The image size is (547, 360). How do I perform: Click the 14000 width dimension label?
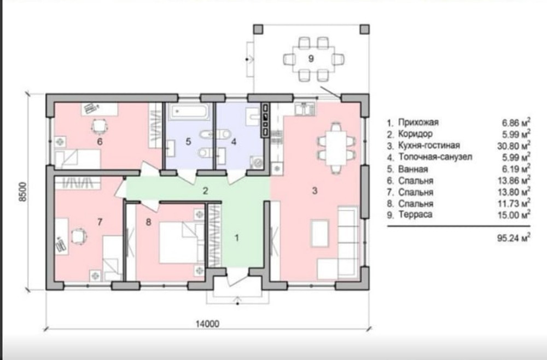[x=207, y=324]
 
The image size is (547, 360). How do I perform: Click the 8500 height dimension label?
[x=22, y=191]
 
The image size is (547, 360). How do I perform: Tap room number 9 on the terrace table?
[x=311, y=59]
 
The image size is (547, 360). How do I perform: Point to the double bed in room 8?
[x=182, y=243]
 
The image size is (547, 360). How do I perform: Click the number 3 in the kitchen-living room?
[x=315, y=190]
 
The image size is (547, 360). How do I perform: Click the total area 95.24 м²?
[x=514, y=238]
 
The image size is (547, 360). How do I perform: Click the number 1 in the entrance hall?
[x=237, y=238]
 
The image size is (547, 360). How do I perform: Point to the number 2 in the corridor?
[x=206, y=191]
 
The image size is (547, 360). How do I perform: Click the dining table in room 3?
[x=336, y=148]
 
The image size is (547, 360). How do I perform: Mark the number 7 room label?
[x=100, y=222]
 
